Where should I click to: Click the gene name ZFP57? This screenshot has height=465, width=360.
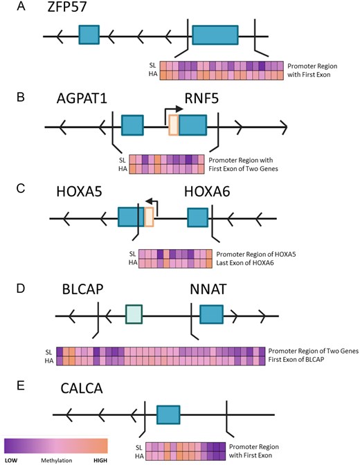click(x=66, y=6)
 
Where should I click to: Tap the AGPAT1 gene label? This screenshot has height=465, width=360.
click(x=82, y=99)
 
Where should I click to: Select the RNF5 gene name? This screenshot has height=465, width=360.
click(x=201, y=98)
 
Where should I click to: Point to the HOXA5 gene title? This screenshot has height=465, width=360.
click(x=79, y=192)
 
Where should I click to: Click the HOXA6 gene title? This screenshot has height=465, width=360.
click(x=207, y=192)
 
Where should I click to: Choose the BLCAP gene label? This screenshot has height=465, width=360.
click(x=83, y=289)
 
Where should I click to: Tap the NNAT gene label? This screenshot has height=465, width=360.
click(x=208, y=289)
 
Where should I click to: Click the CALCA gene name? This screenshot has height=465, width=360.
click(x=82, y=388)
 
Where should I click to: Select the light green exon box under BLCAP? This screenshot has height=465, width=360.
click(x=134, y=314)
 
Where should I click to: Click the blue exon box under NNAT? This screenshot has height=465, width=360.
click(x=211, y=314)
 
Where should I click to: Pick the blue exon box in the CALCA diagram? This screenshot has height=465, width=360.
click(x=168, y=414)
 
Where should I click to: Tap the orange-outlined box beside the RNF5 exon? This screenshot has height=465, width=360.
click(x=174, y=125)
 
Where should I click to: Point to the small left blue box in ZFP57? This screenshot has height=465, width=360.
click(x=89, y=35)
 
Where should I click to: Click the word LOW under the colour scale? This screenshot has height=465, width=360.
click(x=11, y=460)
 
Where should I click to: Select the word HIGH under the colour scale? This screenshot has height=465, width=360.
click(x=100, y=460)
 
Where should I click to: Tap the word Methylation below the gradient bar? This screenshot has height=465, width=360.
click(x=56, y=460)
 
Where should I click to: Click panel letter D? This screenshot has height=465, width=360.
click(x=21, y=289)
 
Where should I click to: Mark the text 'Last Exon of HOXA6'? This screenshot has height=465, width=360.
click(x=245, y=263)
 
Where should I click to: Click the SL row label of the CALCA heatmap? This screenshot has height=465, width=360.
click(x=139, y=447)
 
